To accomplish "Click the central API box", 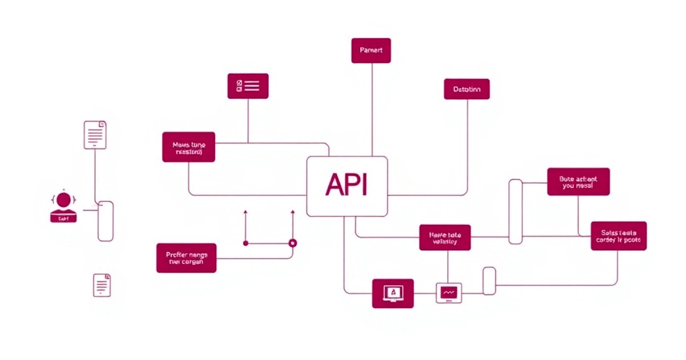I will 347,186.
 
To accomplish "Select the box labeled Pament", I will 371,50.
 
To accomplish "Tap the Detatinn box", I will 466,89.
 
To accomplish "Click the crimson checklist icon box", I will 248,86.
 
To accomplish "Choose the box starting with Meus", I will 189,147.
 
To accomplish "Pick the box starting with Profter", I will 186,258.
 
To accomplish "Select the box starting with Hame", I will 445,237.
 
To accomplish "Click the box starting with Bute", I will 578,182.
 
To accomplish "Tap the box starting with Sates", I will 619,236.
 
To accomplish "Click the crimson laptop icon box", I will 393,293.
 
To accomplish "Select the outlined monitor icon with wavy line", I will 449,293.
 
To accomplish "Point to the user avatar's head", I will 64,200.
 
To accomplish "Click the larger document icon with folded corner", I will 95,135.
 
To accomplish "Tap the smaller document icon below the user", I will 102,285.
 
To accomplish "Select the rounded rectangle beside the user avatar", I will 106,221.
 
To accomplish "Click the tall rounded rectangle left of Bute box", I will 516,211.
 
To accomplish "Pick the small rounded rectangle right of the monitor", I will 489,281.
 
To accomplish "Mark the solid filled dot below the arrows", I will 246,243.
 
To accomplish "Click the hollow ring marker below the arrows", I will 293,243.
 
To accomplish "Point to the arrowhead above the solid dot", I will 246,212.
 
